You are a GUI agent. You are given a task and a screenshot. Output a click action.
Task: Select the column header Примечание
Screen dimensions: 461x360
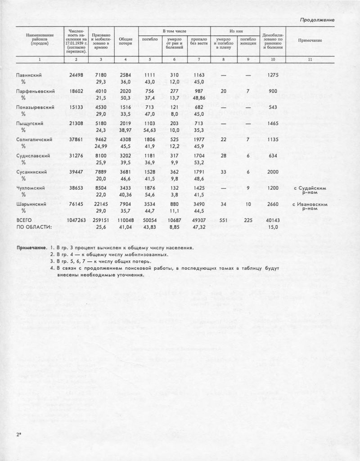(310, 40)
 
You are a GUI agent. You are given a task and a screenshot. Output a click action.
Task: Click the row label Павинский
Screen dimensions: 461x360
(29, 75)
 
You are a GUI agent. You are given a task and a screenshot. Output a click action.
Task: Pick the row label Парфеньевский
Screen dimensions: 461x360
(35, 91)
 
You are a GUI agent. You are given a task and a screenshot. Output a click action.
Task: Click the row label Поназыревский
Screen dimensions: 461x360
(35, 107)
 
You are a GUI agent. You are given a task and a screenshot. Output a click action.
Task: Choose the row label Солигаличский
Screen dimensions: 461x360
(35, 140)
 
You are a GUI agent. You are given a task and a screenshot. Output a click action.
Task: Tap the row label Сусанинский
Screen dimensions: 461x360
(32, 172)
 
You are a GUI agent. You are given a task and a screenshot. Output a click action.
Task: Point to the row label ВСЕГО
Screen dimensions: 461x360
(24, 221)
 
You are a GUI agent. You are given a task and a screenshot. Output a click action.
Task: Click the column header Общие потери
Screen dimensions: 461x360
(126, 40)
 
